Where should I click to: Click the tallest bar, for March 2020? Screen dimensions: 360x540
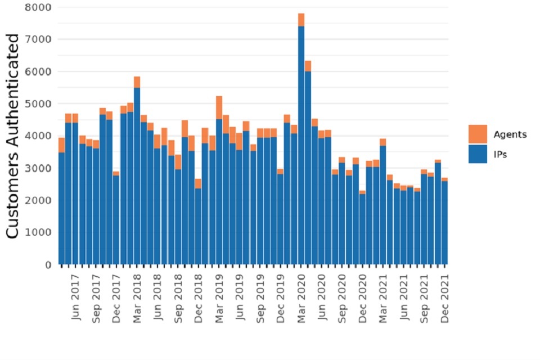tap(301, 141)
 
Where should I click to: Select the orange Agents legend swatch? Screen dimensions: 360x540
tap(478, 134)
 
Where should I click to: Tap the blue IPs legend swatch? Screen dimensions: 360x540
tap(478, 154)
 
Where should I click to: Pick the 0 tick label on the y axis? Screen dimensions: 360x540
tap(47, 264)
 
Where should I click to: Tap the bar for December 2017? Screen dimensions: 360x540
tap(116, 219)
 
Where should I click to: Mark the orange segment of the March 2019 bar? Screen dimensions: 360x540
tap(219, 107)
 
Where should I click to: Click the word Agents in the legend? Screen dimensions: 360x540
tap(510, 134)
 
